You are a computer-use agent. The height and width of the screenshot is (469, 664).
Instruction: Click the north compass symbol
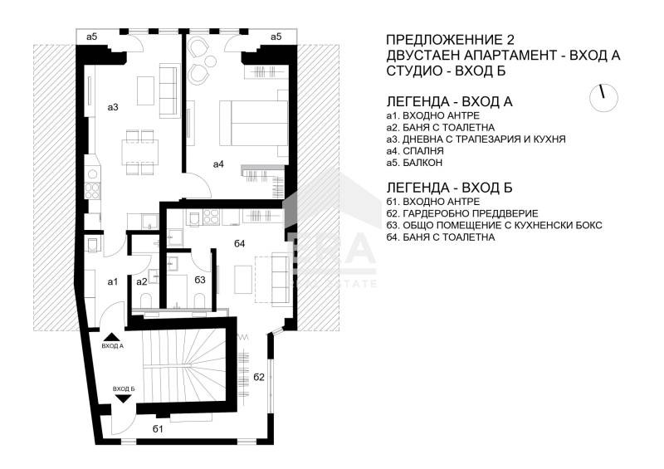click(x=604, y=97)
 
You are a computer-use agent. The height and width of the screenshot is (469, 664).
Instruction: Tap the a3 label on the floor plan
click(x=114, y=107)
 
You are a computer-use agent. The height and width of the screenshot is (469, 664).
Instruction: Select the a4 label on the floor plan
click(x=218, y=164)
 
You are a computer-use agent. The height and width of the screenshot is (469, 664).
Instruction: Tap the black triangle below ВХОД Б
click(x=123, y=398)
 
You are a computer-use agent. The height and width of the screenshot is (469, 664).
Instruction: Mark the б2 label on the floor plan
click(x=259, y=377)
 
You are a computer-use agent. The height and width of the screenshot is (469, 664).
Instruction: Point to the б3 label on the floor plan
click(x=199, y=280)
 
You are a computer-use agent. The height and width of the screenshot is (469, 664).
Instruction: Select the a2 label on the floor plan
click(x=142, y=281)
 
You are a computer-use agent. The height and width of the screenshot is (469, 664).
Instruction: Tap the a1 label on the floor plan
click(x=113, y=281)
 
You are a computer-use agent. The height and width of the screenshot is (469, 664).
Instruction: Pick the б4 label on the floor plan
click(x=240, y=243)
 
